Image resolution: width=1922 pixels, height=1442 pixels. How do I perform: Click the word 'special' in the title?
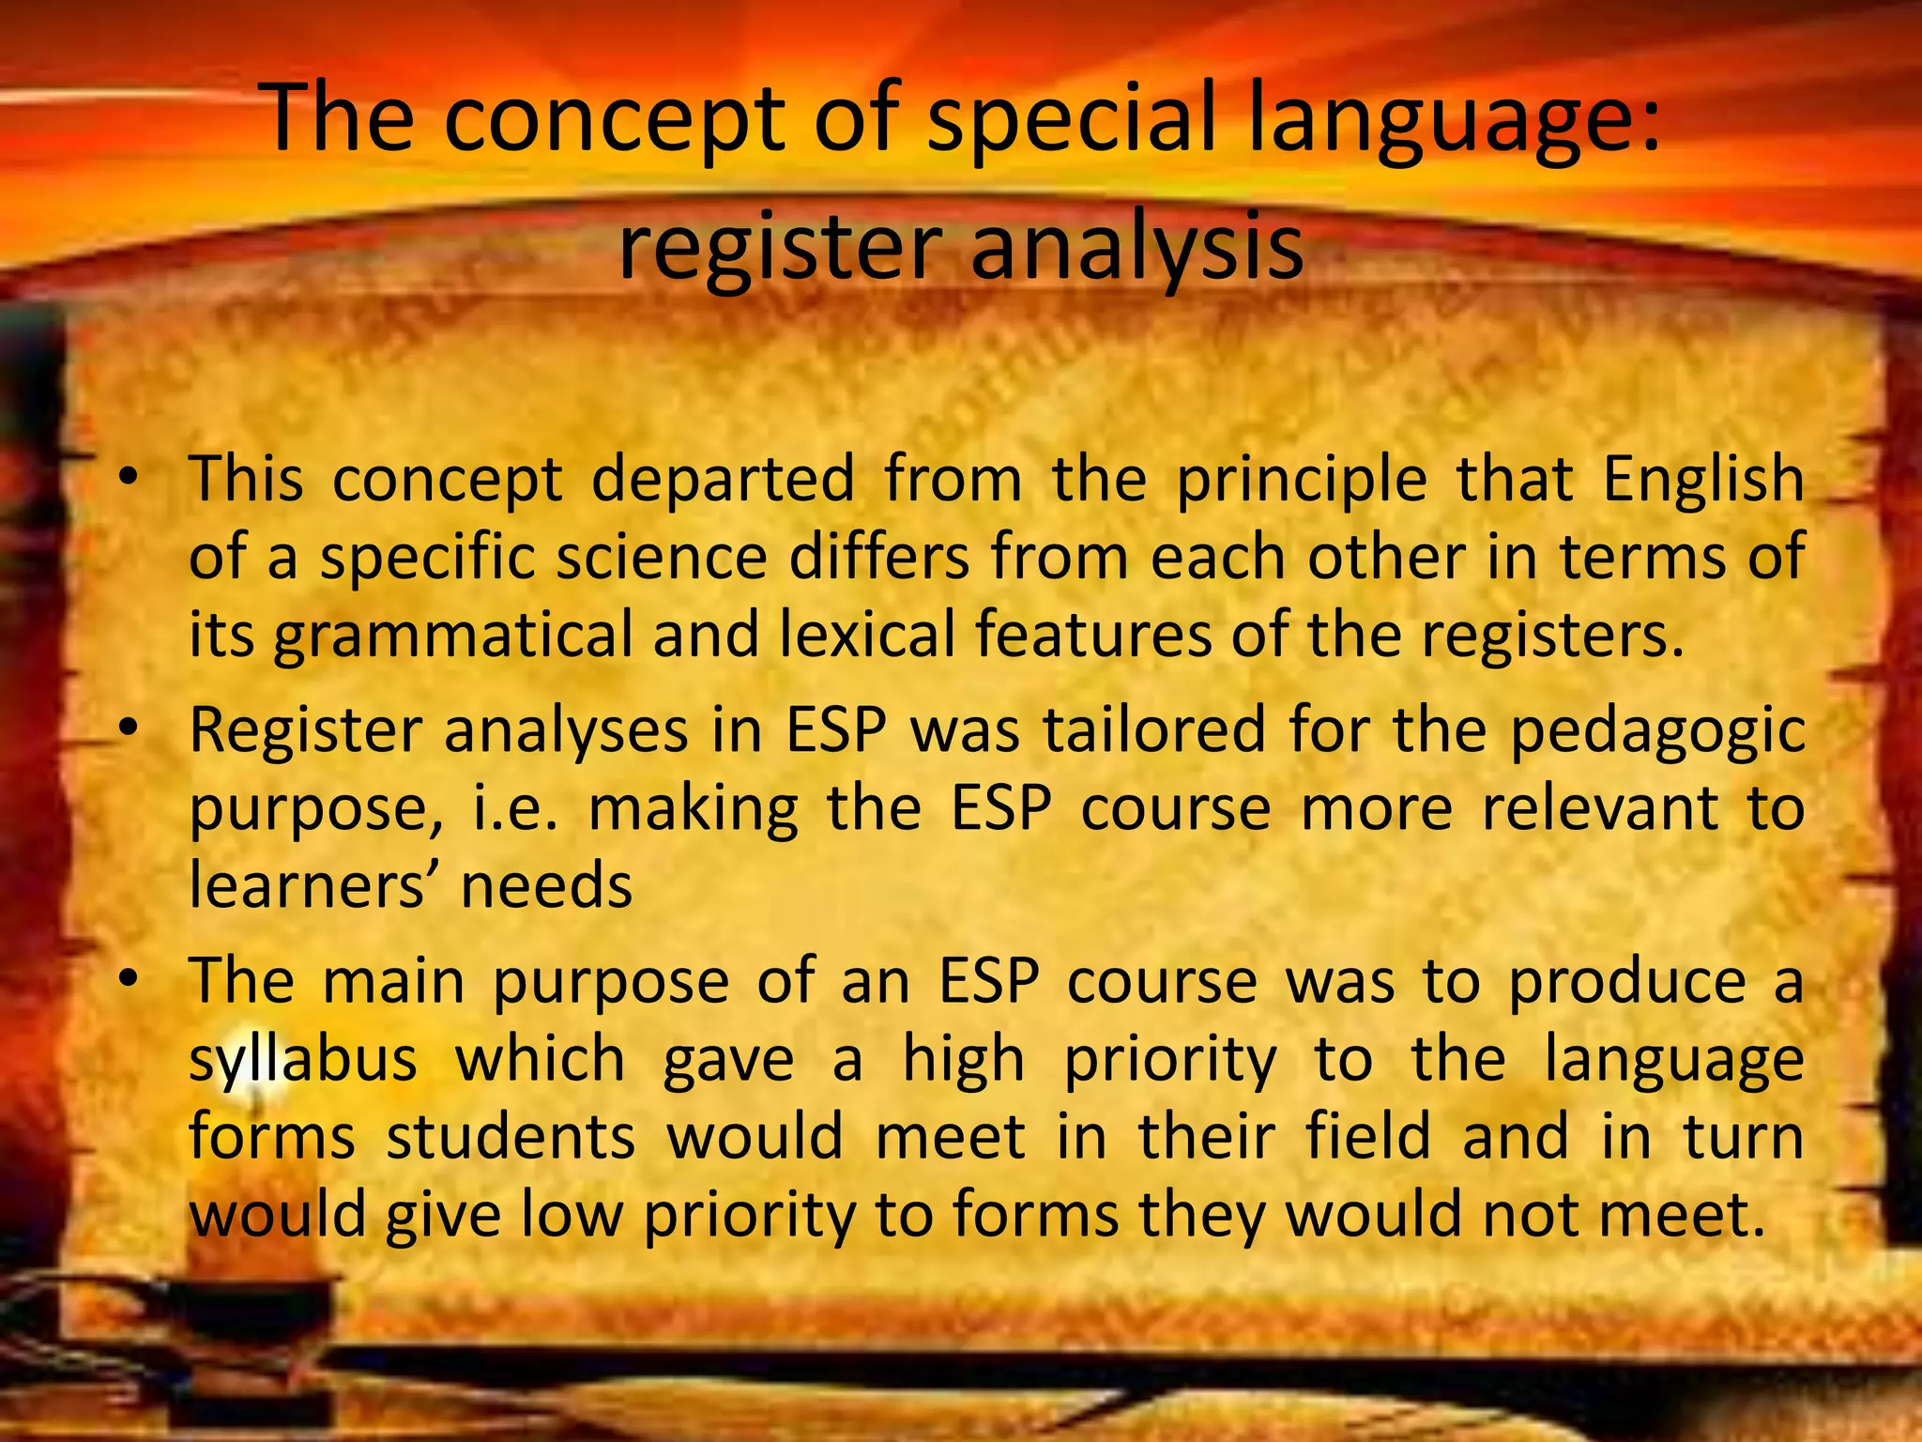(1071, 122)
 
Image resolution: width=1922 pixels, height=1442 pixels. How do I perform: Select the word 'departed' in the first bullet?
(723, 479)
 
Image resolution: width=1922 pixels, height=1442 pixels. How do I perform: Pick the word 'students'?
(511, 1137)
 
